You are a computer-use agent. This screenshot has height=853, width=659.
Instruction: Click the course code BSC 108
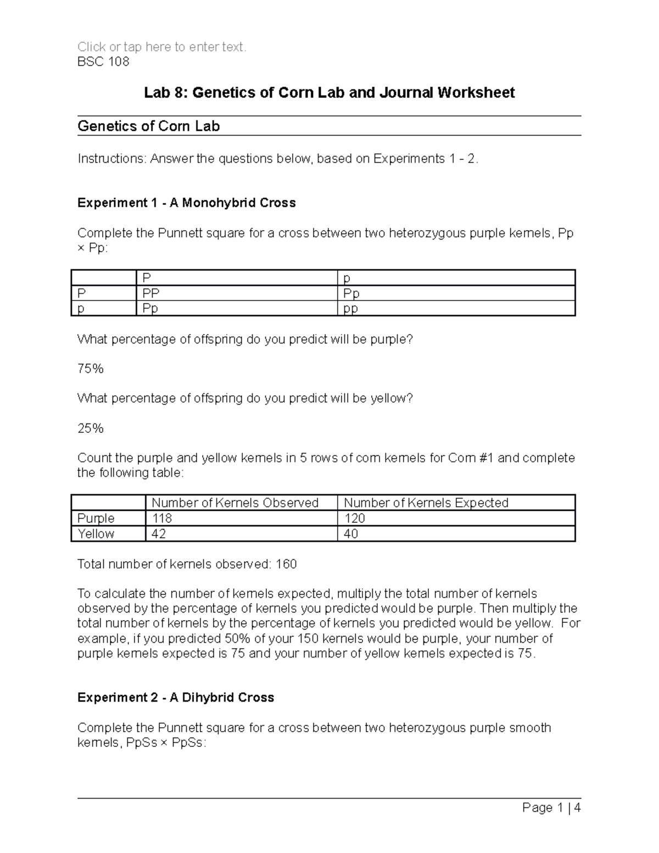[103, 62]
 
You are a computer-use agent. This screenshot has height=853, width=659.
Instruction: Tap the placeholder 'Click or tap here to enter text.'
[162, 47]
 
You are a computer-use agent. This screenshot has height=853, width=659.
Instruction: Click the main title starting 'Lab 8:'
[329, 92]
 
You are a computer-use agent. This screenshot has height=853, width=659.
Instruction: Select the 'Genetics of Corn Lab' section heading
[148, 126]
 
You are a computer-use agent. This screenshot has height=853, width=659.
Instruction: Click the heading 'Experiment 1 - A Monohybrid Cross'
[186, 203]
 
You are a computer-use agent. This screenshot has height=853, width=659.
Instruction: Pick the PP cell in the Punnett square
[151, 293]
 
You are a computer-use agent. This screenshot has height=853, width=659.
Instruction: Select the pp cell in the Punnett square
[350, 309]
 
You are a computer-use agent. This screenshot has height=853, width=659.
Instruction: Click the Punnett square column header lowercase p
[347, 278]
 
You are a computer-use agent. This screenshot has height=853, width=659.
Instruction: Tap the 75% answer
[91, 369]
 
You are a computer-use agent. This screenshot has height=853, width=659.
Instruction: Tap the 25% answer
[91, 428]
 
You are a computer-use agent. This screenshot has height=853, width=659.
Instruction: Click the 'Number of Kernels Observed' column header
[235, 503]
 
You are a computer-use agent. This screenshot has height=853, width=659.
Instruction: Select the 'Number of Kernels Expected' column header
[426, 503]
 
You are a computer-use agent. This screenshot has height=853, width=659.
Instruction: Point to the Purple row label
[96, 518]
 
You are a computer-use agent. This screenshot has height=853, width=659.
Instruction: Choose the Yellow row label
[96, 533]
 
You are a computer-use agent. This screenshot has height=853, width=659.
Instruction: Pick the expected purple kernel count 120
[354, 518]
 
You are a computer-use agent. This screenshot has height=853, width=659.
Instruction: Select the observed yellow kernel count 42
[159, 533]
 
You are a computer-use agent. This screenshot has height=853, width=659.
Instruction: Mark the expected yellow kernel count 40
[351, 533]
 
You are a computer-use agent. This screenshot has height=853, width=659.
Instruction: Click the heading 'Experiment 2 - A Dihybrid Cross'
[176, 698]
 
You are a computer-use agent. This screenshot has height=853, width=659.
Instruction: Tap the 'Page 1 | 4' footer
[551, 807]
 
